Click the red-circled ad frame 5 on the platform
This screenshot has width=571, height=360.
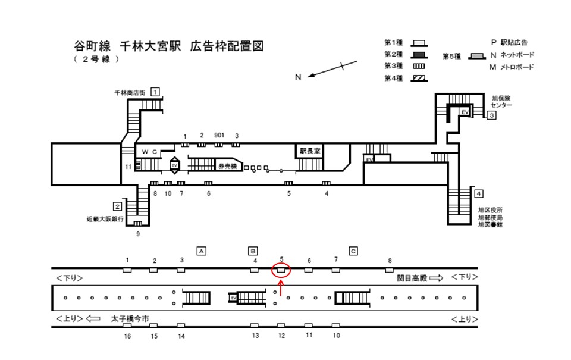[x=281, y=270]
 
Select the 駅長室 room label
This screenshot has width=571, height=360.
[x=310, y=151]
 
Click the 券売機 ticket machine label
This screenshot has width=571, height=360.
[x=227, y=166]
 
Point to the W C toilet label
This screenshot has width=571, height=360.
[x=149, y=152]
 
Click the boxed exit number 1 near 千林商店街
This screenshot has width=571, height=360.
[x=155, y=92]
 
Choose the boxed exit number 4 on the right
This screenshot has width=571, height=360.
[x=479, y=193]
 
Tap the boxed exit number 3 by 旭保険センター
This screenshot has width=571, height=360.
[x=491, y=115]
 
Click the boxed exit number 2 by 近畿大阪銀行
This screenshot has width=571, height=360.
[x=118, y=206]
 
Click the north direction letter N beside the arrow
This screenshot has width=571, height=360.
[x=299, y=77]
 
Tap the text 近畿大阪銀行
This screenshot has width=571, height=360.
[x=105, y=219]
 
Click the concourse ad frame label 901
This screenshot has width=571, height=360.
[x=219, y=136]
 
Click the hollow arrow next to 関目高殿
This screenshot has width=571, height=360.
[x=436, y=277]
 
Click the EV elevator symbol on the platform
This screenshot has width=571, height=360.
[x=234, y=297]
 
